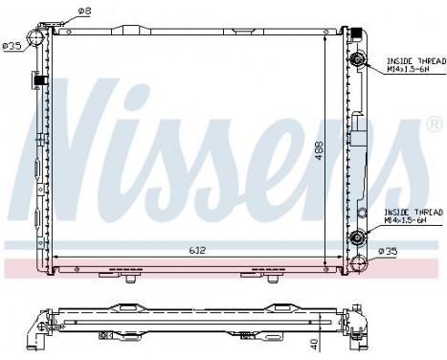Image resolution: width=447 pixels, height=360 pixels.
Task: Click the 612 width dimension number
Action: [x=195, y=250]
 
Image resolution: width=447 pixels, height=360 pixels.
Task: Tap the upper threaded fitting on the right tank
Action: [x=360, y=61]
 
